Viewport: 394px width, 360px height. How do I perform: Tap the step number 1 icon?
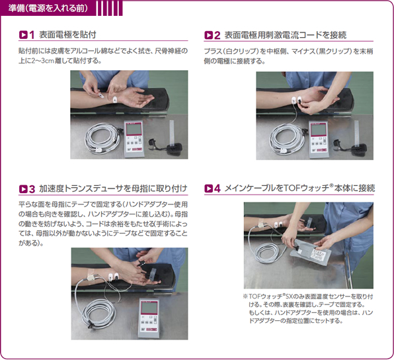click(26, 34)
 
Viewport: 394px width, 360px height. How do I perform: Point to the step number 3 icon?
click(26, 189)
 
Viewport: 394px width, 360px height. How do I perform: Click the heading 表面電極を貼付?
click(68, 34)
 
